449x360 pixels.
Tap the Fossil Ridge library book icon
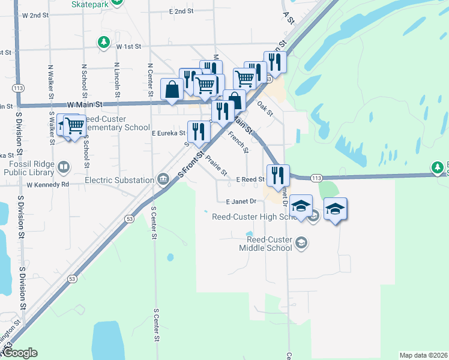click(x=63, y=166)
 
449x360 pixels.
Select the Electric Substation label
click(x=119, y=180)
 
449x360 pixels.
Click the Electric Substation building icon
click(x=163, y=179)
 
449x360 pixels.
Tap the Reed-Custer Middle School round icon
click(x=301, y=243)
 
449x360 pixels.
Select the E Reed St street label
click(x=250, y=179)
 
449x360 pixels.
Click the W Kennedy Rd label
click(x=47, y=184)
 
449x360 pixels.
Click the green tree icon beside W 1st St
click(x=104, y=42)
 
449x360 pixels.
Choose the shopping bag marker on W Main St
click(x=172, y=89)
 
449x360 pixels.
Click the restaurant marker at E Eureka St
click(x=199, y=131)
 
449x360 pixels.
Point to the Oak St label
click(x=265, y=109)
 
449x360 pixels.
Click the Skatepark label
click(x=90, y=4)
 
